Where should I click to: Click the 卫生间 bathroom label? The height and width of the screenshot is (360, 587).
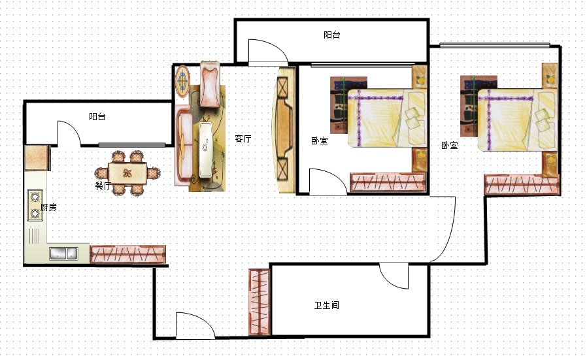(326, 305)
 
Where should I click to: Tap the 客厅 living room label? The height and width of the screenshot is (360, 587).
(243, 139)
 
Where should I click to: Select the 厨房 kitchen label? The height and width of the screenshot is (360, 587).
(48, 207)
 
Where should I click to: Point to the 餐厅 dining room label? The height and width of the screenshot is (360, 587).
(103, 186)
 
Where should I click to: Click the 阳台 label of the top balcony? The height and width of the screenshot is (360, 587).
(332, 35)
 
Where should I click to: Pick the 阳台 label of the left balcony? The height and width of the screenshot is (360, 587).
(97, 116)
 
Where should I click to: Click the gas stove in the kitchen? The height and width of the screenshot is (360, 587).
(35, 205)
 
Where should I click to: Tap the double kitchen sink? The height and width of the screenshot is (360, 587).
(63, 254)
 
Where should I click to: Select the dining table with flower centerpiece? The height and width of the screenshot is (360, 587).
(127, 173)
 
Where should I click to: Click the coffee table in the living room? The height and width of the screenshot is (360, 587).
(205, 150)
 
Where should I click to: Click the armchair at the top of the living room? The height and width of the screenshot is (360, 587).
(210, 84)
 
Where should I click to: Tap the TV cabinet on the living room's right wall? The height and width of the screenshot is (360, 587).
(284, 129)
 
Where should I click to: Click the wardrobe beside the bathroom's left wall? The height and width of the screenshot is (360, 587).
(260, 302)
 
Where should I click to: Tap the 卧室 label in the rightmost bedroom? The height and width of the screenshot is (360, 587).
(450, 145)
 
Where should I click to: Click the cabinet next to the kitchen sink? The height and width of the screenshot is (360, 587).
(127, 254)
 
